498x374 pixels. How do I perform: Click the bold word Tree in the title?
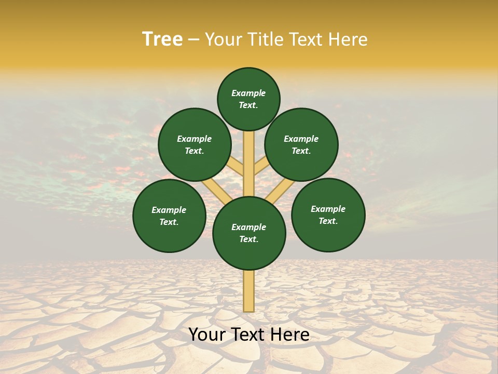[162, 39]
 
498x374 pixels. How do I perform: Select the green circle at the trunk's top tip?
[248, 99]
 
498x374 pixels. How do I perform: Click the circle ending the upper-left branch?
[195, 144]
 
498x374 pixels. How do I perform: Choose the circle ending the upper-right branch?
[301, 144]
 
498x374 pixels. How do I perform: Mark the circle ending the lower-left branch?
[169, 216]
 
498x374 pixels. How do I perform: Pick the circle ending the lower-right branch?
[328, 215]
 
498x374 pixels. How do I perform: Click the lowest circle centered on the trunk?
[249, 233]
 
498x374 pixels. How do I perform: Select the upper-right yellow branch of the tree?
[261, 167]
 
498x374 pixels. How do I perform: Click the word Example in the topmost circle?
[248, 94]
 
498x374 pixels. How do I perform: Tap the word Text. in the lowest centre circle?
[249, 239]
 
